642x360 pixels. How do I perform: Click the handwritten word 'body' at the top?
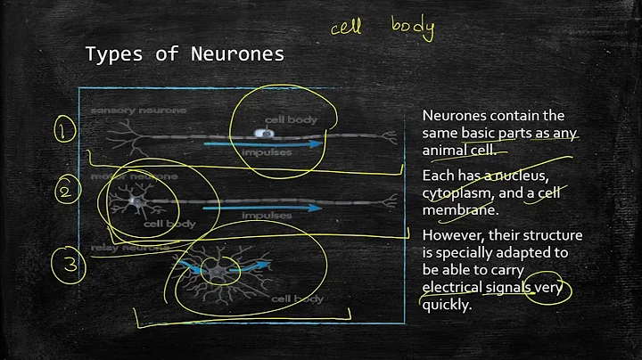[413, 28]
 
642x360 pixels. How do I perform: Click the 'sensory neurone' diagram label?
[127, 110]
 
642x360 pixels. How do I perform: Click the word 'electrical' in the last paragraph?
[454, 287]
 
